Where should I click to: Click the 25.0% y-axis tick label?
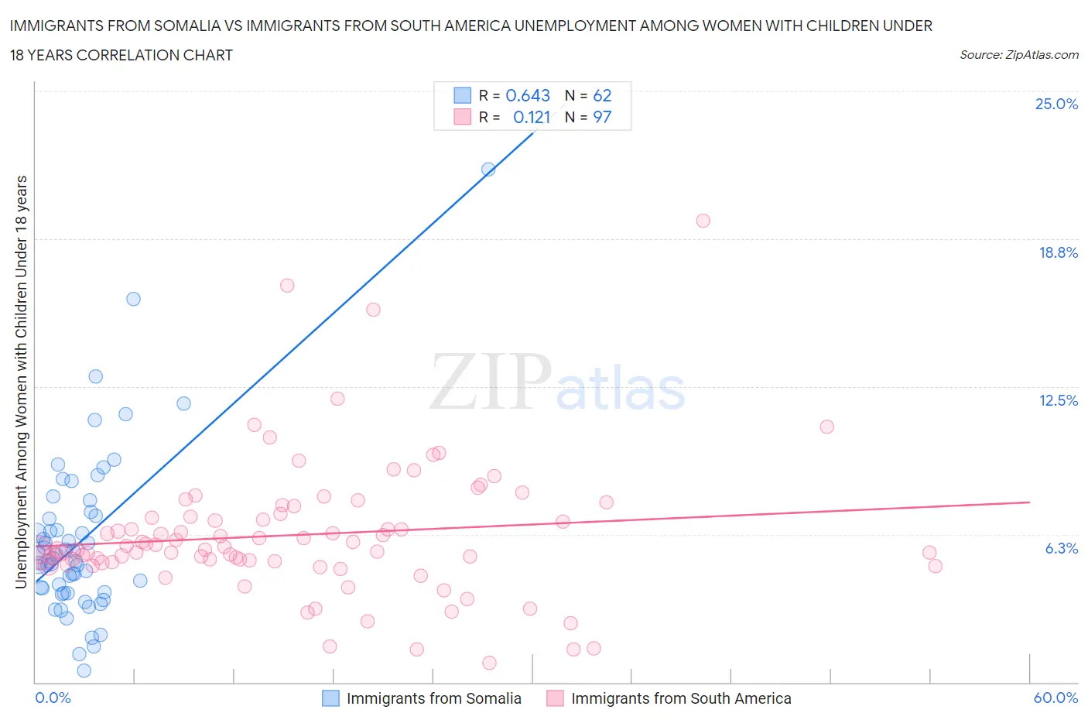pyautogui.click(x=1056, y=104)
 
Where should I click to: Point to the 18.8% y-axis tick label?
pyautogui.click(x=1058, y=252)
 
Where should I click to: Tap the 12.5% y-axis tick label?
pyautogui.click(x=1058, y=400)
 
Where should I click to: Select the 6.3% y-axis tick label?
pyautogui.click(x=1061, y=548)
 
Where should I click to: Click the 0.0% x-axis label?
pyautogui.click(x=53, y=698)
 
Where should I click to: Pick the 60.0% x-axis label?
pyautogui.click(x=1055, y=698)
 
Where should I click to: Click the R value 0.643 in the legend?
pyautogui.click(x=527, y=95)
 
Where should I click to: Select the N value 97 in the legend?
pyautogui.click(x=602, y=117)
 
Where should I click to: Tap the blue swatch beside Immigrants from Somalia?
pyautogui.click(x=330, y=698)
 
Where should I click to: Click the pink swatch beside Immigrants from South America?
pyautogui.click(x=555, y=698)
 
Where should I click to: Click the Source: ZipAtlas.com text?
pyautogui.click(x=1018, y=54)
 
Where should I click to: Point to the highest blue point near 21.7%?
pyautogui.click(x=488, y=169)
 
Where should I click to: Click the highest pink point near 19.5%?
pyautogui.click(x=703, y=221)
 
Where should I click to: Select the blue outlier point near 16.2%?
pyautogui.click(x=133, y=299)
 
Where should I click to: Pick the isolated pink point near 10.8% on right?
pyautogui.click(x=826, y=427)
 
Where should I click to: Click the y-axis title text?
pyautogui.click(x=21, y=382)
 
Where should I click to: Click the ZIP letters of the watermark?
pyautogui.click(x=490, y=382)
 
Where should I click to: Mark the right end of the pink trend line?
pyautogui.click(x=1029, y=502)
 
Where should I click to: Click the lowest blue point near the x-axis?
pyautogui.click(x=84, y=670)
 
